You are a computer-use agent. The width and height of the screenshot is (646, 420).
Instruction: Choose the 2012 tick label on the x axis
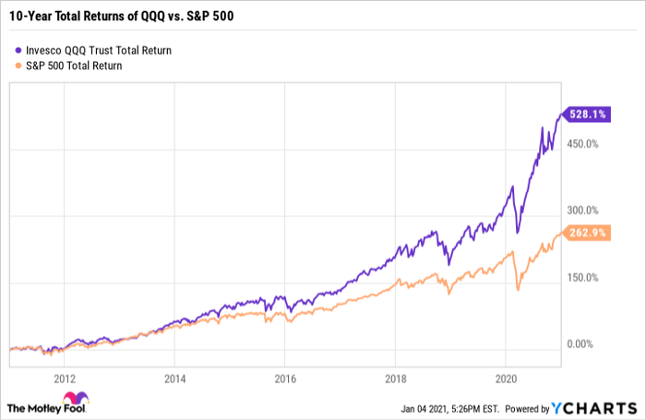point(65,378)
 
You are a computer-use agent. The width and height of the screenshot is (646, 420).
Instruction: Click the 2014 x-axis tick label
point(175,378)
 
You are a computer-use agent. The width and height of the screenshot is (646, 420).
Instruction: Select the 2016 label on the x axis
point(285,378)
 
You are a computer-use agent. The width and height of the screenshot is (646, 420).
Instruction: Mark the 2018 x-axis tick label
point(396,378)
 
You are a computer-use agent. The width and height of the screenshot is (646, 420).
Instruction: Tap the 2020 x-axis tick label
point(507,378)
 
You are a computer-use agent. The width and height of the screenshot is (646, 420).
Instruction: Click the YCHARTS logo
point(594,406)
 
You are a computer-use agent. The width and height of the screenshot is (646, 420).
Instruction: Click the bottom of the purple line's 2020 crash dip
point(518,233)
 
